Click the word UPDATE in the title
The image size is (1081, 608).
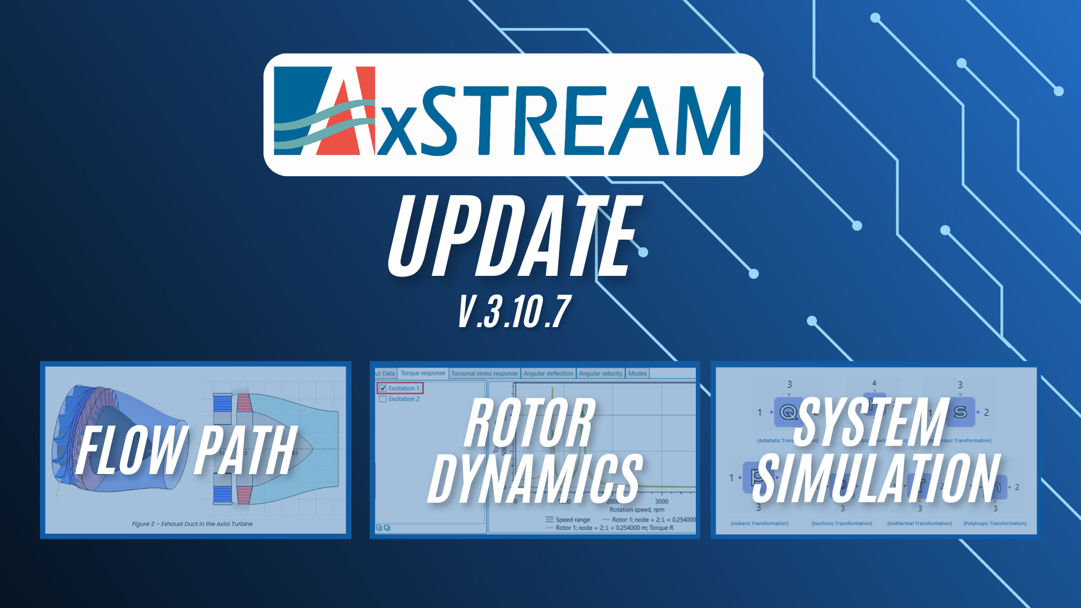(515, 236)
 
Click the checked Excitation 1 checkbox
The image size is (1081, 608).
(383, 388)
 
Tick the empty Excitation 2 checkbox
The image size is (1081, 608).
(383, 399)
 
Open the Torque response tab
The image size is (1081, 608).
(423, 373)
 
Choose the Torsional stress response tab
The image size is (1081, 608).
(484, 373)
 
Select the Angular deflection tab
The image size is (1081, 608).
(548, 373)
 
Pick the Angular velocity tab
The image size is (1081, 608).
(601, 373)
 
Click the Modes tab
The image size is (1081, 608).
(637, 373)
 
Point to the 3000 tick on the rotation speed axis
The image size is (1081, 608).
(662, 501)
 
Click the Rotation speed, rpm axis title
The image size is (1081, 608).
(637, 509)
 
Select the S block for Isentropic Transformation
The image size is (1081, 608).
(961, 412)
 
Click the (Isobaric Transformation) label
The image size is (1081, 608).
(760, 524)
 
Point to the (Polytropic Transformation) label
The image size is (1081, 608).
(995, 524)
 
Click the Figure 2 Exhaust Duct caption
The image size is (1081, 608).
(192, 524)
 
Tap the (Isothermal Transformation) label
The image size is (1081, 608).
(919, 524)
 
